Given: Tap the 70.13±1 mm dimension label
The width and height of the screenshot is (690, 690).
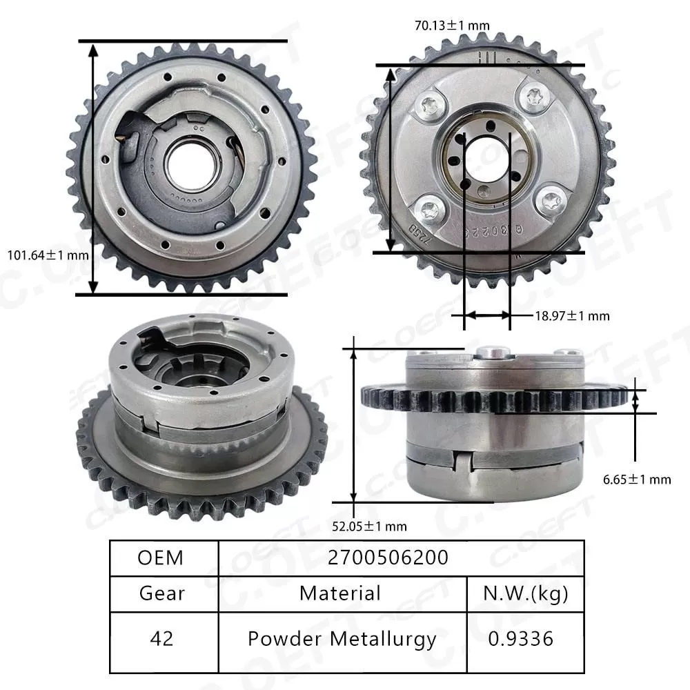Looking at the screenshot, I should (x=451, y=26).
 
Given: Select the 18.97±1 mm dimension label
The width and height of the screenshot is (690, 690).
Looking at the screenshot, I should (x=572, y=315).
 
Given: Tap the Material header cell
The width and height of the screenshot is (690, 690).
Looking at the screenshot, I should (x=340, y=593).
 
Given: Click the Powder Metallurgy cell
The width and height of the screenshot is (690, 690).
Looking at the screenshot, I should (x=342, y=638).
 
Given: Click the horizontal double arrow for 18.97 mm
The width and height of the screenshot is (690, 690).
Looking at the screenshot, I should (x=486, y=315).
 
